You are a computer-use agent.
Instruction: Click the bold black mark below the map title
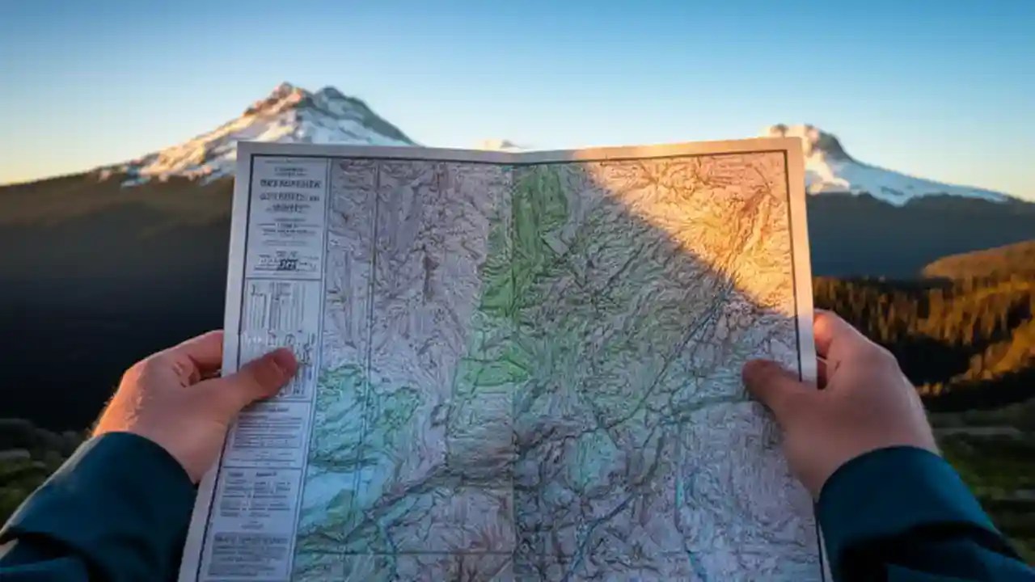point(287,264)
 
